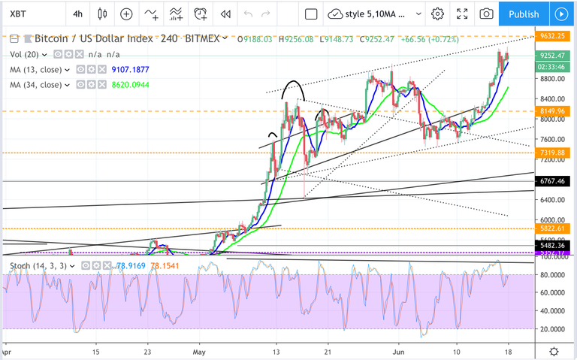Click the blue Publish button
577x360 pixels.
pyautogui.click(x=523, y=14)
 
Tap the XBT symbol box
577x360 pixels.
pyautogui.click(x=30, y=14)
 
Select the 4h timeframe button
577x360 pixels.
pyautogui.click(x=78, y=14)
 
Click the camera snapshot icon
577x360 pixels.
pyautogui.click(x=487, y=14)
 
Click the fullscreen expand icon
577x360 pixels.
pyautogui.click(x=464, y=14)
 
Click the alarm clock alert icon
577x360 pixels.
pyautogui.click(x=200, y=14)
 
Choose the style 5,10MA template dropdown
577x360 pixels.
pyautogui.click(x=371, y=14)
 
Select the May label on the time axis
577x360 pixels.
pyautogui.click(x=199, y=352)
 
